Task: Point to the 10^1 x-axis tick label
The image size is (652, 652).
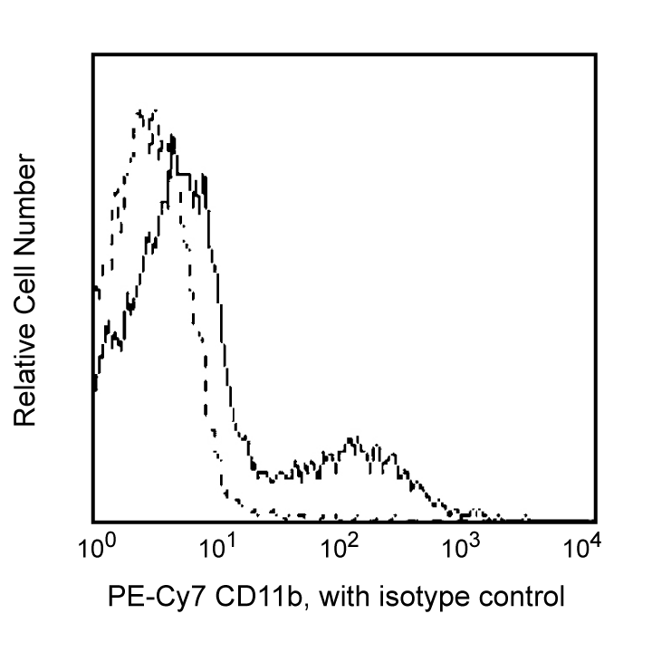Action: pos(217,548)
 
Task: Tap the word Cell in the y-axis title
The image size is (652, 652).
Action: pos(25,276)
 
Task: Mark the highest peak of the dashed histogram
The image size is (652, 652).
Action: pos(143,110)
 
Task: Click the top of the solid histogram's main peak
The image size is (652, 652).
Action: pos(173,139)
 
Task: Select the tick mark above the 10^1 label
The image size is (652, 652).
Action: pos(216,518)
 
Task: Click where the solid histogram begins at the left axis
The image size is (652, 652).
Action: pos(94,389)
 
